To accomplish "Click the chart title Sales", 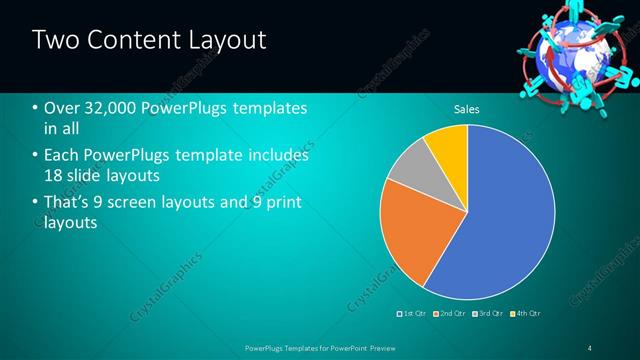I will [467, 108].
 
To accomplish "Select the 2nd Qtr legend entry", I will [451, 313].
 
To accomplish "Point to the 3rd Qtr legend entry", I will [490, 313].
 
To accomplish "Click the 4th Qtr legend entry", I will [528, 313].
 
